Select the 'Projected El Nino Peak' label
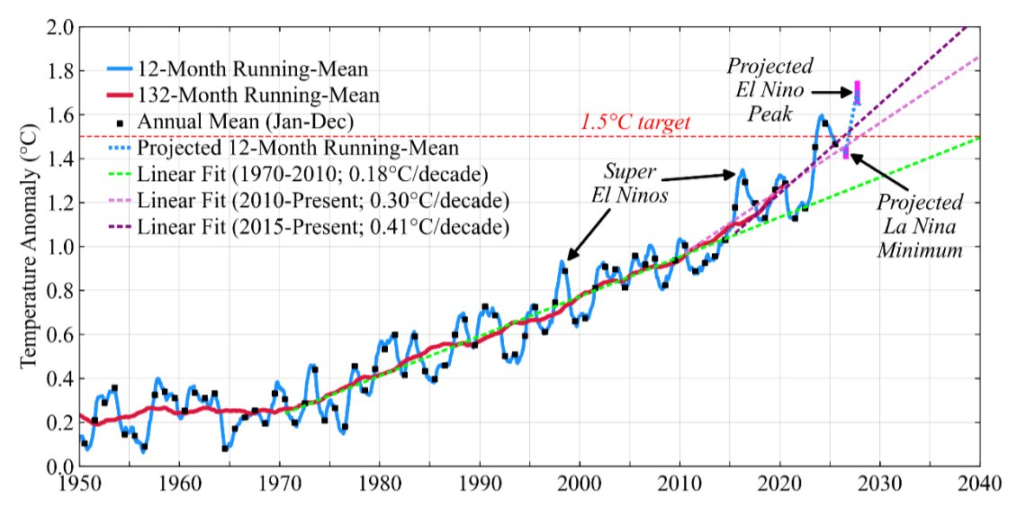coord(770,89)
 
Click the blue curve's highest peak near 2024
coord(822,115)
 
